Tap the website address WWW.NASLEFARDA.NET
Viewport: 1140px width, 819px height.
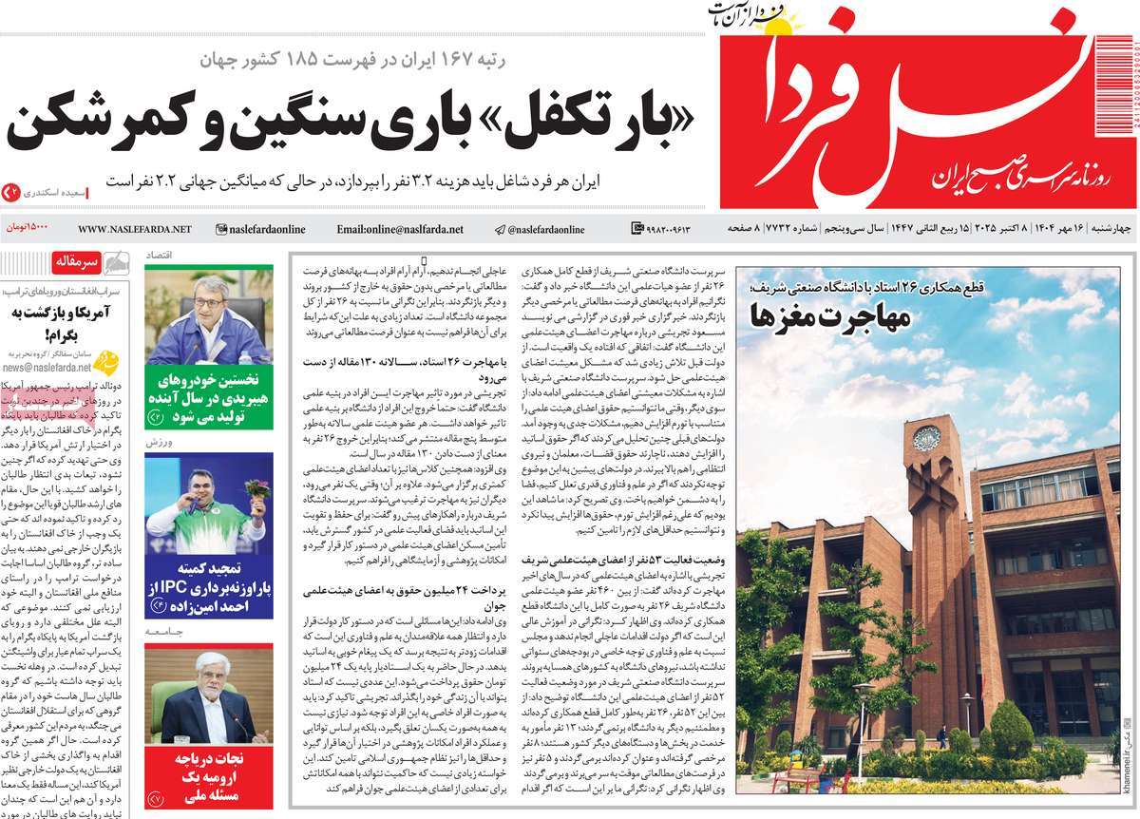click(134, 229)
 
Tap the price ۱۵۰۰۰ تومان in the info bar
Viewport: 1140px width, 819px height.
click(29, 229)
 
